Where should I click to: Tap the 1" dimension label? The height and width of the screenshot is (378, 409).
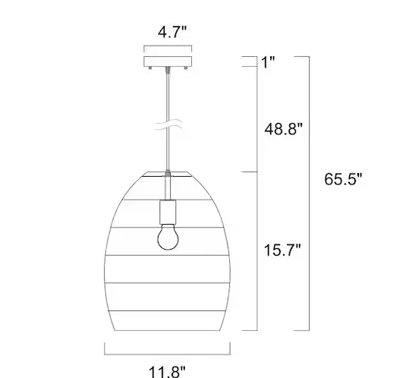[268, 62]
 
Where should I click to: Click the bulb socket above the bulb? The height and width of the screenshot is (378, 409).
[168, 211]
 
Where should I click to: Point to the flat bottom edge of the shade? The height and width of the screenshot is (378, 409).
[168, 330]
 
